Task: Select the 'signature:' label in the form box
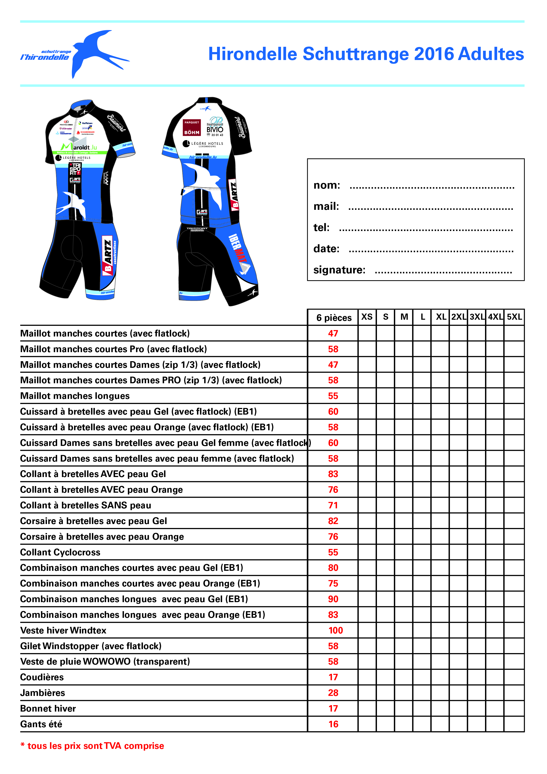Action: coord(339,270)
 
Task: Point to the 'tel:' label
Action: coord(321,227)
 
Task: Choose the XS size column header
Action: coord(367,317)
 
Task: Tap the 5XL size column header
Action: coord(514,317)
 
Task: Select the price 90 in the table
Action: coord(333,599)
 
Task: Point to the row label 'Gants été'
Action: coord(41,724)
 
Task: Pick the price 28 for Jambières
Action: coord(333,693)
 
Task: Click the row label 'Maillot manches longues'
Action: coord(75,396)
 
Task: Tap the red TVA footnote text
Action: coord(92,746)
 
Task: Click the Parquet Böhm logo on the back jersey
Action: coord(191,128)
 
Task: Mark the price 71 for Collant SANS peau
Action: coord(333,505)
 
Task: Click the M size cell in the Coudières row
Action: coord(404,677)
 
